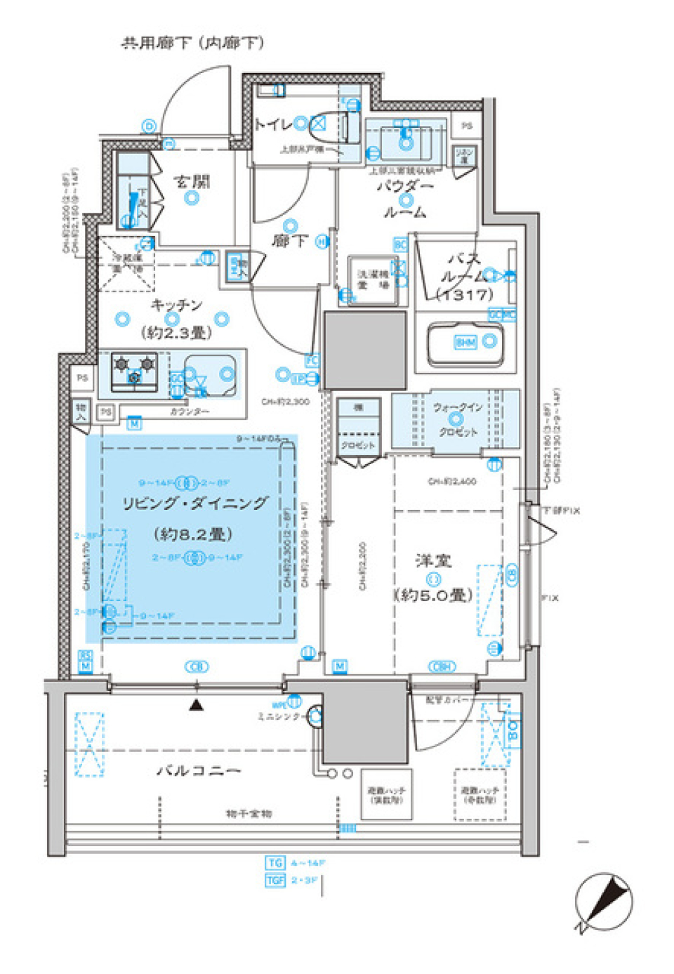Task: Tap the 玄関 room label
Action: (x=192, y=182)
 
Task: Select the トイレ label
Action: (x=272, y=125)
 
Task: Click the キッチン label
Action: (x=176, y=305)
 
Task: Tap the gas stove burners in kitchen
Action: (x=135, y=371)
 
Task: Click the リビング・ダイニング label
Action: (x=194, y=503)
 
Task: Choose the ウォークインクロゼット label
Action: (x=457, y=419)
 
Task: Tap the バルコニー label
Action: (x=199, y=770)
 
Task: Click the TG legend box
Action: (x=275, y=862)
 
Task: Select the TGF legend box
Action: (x=275, y=880)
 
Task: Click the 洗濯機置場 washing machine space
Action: (x=373, y=279)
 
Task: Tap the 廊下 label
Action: (x=289, y=241)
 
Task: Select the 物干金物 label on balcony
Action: (x=249, y=813)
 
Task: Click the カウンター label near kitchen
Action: (x=189, y=412)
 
